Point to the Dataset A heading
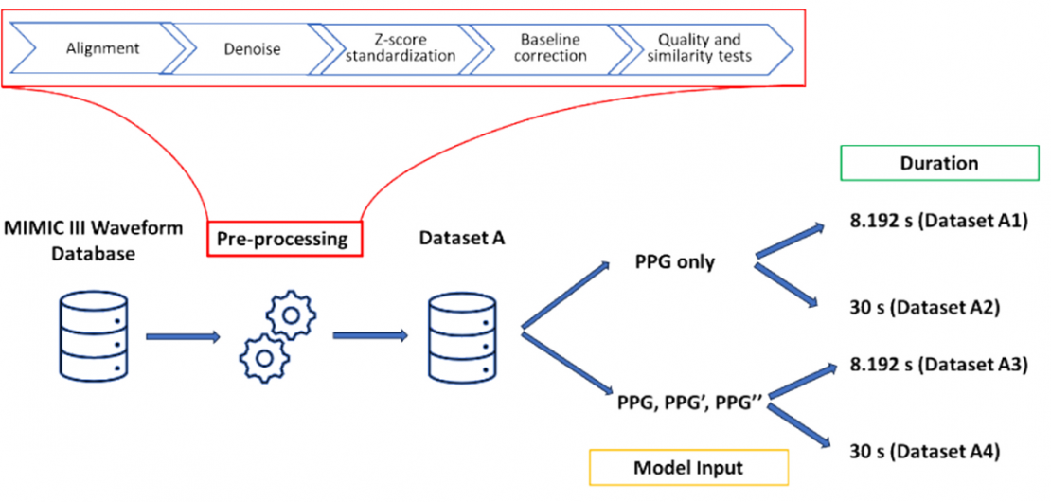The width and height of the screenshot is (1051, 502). [x=460, y=240]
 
